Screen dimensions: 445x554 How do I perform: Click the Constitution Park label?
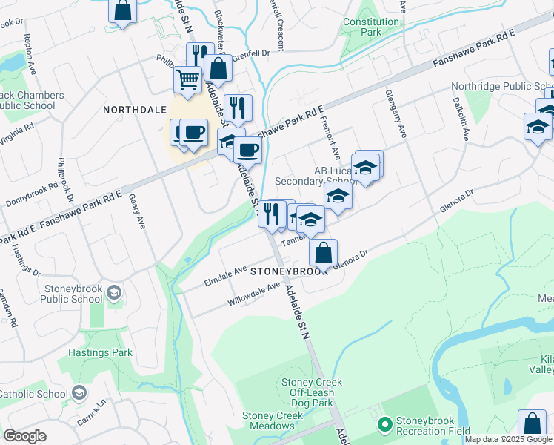tap(372, 27)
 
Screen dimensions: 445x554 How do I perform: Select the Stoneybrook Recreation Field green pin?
tap(384, 425)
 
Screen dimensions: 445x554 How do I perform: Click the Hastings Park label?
tap(100, 352)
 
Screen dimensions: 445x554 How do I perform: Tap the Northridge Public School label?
tap(502, 87)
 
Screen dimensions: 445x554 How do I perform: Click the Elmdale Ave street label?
tap(224, 277)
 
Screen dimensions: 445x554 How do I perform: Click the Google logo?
tap(24, 435)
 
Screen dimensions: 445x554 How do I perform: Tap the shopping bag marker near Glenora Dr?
tap(323, 253)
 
